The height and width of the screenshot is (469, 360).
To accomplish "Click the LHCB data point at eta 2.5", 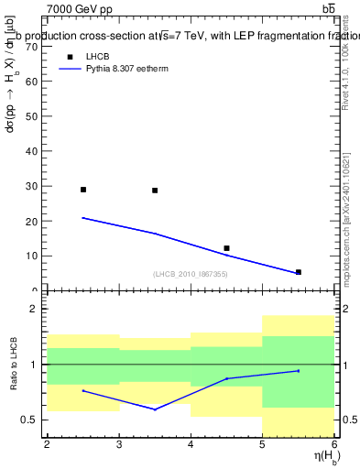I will tap(83, 190).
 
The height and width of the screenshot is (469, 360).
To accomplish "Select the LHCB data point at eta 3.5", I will tap(155, 191).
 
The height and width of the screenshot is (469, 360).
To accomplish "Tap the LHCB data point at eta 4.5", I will tap(226, 248).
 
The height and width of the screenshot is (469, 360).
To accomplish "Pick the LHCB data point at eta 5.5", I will tap(298, 272).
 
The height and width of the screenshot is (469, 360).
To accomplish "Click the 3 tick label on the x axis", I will tap(118, 445).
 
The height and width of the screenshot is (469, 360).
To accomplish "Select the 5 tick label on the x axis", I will tap(262, 445).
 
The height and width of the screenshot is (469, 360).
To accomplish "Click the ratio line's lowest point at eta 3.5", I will tap(155, 409).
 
